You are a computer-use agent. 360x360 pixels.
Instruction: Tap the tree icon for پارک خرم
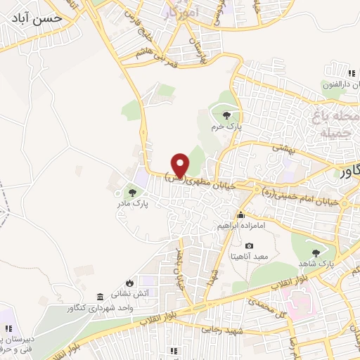click(x=226, y=116)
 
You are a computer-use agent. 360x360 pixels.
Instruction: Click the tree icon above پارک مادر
click(x=131, y=191)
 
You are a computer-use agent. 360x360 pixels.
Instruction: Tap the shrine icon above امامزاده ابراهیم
click(x=242, y=214)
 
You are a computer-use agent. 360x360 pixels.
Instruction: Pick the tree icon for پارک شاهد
click(x=316, y=251)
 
